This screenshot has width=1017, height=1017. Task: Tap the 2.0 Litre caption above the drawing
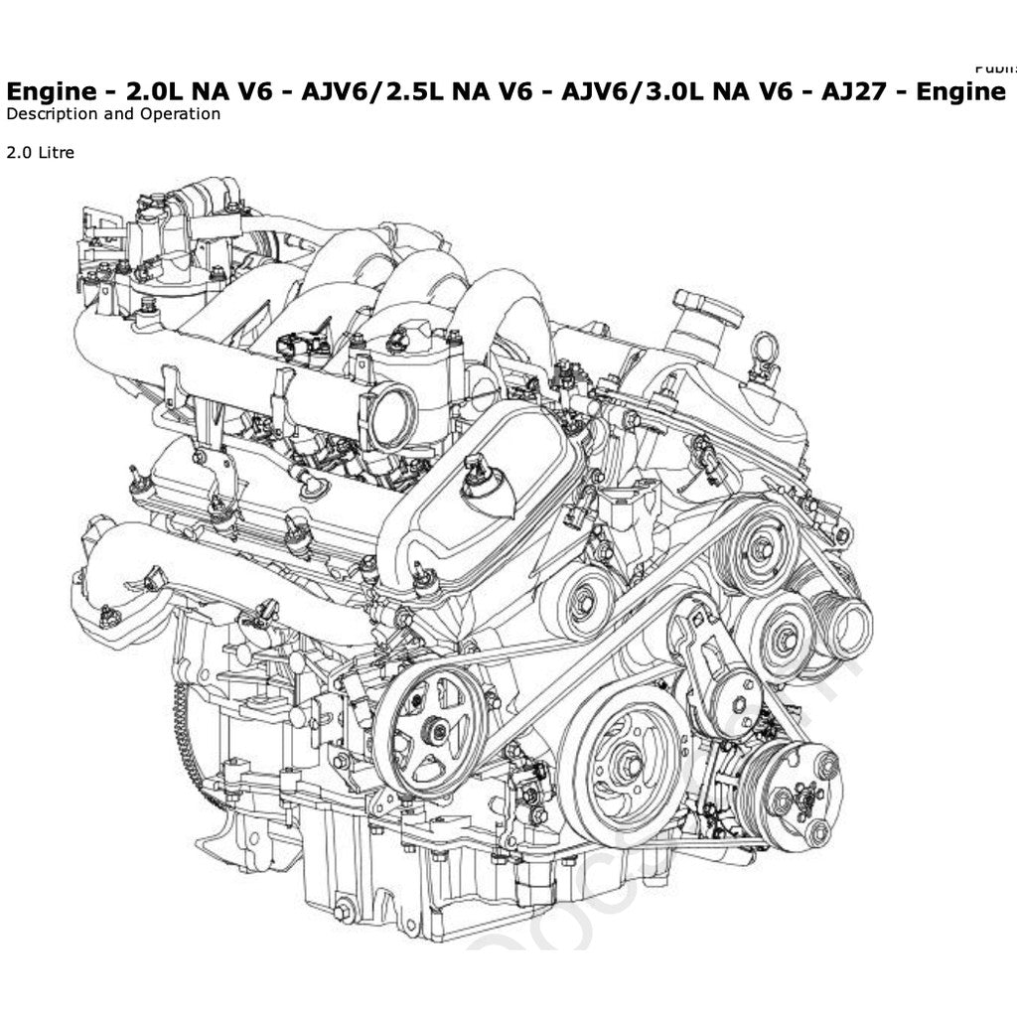(x=41, y=153)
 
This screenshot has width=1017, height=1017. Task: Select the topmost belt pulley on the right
(x=761, y=549)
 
